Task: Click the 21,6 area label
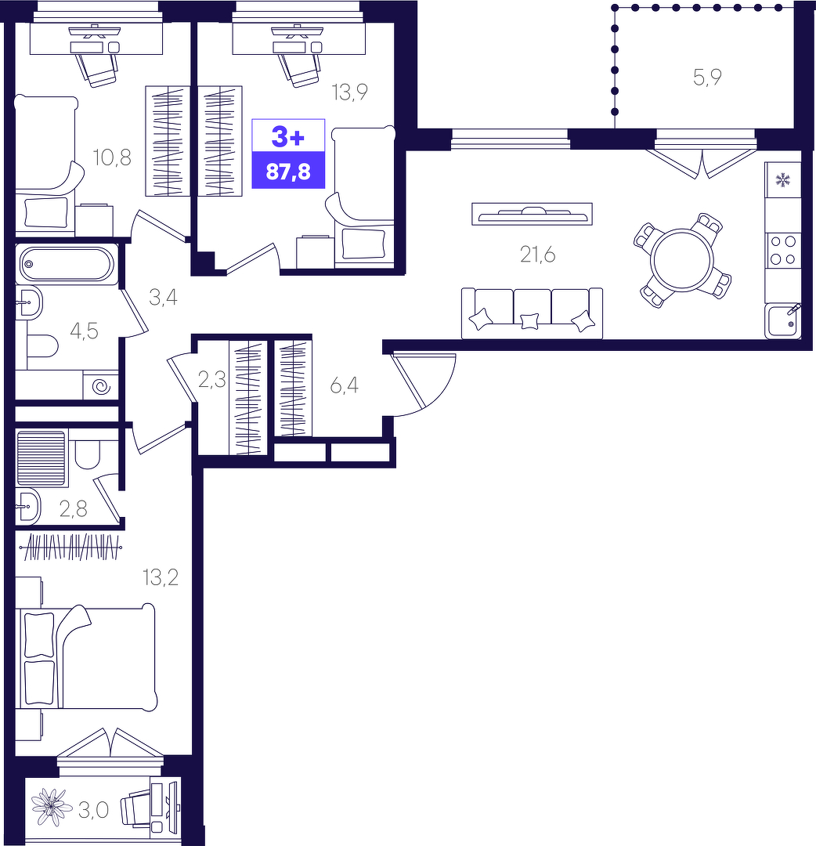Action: (x=537, y=254)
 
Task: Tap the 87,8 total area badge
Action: (x=288, y=171)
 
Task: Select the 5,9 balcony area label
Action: (x=707, y=78)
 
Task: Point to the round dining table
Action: (x=682, y=261)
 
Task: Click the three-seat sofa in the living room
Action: (x=532, y=313)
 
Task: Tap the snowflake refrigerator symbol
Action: (x=782, y=179)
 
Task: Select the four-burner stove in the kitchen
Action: (x=782, y=251)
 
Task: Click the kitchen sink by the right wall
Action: (x=782, y=321)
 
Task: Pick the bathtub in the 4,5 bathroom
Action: (x=67, y=265)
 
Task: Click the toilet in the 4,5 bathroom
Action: (x=42, y=346)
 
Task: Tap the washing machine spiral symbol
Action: (x=101, y=386)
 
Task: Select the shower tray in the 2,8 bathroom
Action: (x=41, y=457)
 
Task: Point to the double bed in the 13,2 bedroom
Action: (x=86, y=656)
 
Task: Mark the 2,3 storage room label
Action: (x=212, y=381)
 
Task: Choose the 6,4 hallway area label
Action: (x=344, y=385)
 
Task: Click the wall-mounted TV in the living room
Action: (x=532, y=214)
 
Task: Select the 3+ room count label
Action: (x=288, y=136)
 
